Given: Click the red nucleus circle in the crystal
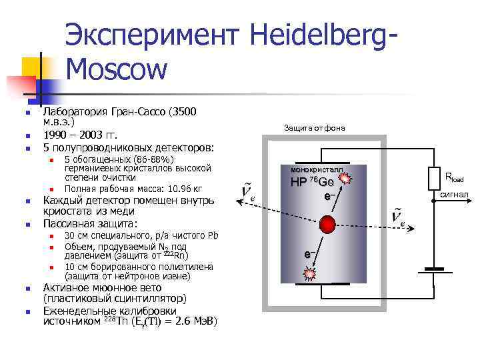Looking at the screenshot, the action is point(326,223).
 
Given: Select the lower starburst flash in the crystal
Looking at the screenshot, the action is point(309,273).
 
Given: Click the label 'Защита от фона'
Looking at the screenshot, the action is point(314,127).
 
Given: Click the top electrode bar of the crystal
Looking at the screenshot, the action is point(323,165).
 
